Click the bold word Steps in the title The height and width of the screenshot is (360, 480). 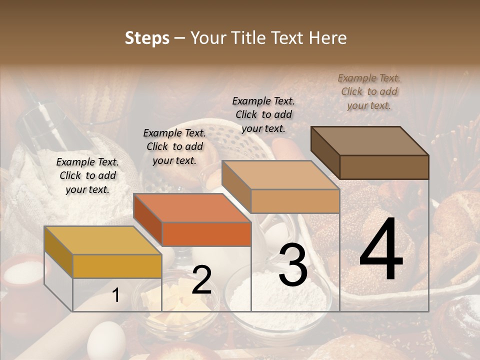pos(147,38)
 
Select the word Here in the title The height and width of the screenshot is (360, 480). pos(327,38)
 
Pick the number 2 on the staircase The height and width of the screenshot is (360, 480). pos(201,280)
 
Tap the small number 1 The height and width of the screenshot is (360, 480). pos(115,295)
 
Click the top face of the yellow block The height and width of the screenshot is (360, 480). pos(102,240)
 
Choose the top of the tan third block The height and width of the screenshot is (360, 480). pos(280,175)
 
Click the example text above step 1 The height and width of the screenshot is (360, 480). pos(87,175)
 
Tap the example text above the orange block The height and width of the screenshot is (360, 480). pos(174,146)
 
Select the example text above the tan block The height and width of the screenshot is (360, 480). pos(263,114)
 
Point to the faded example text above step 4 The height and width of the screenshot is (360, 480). pos(369,91)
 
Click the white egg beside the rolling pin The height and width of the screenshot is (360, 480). pos(106,340)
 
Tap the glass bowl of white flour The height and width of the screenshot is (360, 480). pos(278,300)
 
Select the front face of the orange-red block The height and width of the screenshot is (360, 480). pos(206,234)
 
